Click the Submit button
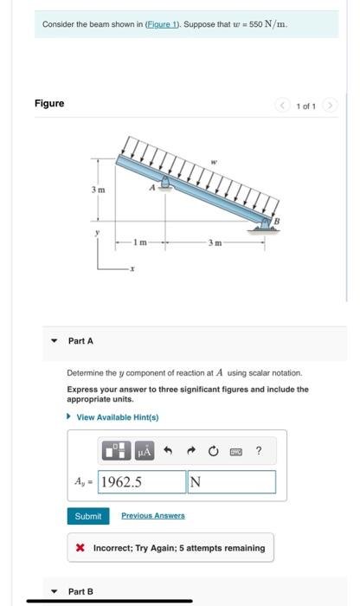(88, 516)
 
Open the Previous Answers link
(152, 516)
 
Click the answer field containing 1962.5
(141, 482)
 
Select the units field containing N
(231, 482)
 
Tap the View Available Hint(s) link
(116, 417)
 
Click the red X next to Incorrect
(80, 548)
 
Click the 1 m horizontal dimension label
(138, 240)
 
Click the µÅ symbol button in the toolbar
(145, 450)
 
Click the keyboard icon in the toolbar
(235, 450)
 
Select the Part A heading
(81, 341)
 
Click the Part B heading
(81, 591)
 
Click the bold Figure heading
(49, 104)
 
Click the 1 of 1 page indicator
(305, 106)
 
